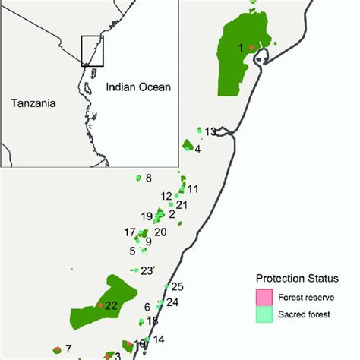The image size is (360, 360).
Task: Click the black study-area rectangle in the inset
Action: coord(91,50)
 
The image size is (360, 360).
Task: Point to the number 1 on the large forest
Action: coord(242,48)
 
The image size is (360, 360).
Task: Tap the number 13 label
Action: coord(210,131)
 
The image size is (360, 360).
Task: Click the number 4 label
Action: coord(197,149)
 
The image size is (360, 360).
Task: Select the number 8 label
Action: coord(148,178)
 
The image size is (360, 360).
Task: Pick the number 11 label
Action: coord(193,189)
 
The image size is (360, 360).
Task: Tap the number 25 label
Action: coord(177,286)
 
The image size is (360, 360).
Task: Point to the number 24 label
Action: coord(172,302)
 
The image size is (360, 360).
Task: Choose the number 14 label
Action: coord(159,339)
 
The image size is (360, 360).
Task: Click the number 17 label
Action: coord(130,232)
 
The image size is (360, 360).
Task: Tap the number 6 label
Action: coord(147,307)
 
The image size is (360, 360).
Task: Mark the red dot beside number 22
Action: coord(99,305)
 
